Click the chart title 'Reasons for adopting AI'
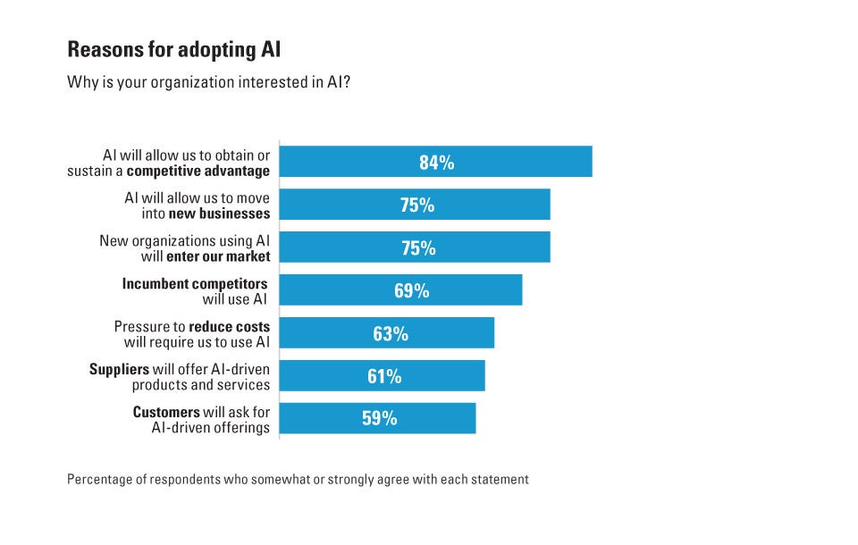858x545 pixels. click(174, 48)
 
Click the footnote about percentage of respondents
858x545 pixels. click(298, 480)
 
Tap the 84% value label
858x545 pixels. click(436, 163)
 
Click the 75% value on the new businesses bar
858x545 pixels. click(417, 205)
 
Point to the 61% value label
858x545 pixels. click(383, 376)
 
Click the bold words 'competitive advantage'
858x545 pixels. click(198, 171)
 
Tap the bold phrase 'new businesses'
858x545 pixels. click(219, 214)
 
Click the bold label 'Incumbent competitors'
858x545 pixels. click(195, 283)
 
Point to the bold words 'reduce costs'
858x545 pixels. click(229, 326)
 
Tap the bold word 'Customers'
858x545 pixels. click(166, 412)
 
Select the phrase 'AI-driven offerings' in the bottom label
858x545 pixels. click(210, 428)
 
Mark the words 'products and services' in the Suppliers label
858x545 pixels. click(201, 385)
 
